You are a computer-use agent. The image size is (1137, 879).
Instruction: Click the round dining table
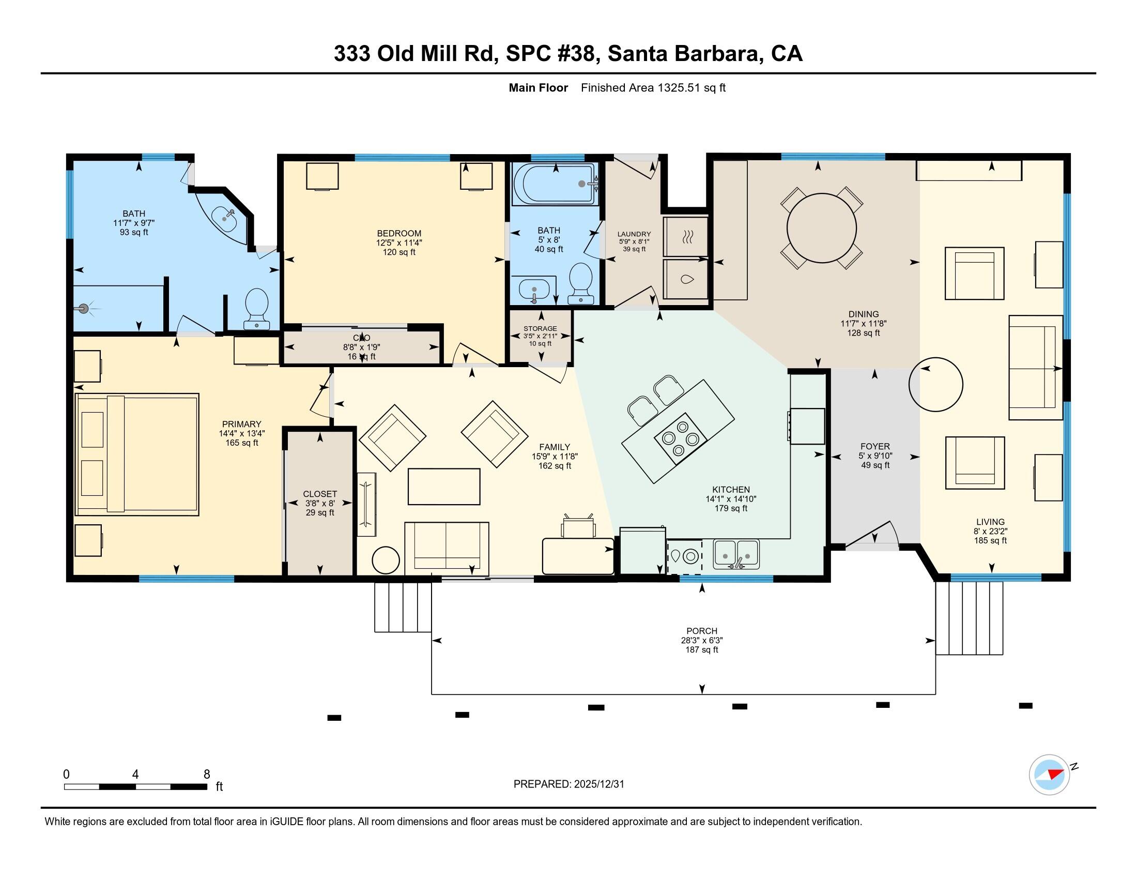(x=822, y=228)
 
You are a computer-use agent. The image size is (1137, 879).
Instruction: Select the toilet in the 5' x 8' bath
(x=580, y=282)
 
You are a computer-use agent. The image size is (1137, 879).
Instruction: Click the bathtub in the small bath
(x=554, y=185)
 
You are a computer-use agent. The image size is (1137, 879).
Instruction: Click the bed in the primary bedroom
(x=137, y=454)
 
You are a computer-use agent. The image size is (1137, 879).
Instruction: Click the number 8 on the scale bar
(x=207, y=774)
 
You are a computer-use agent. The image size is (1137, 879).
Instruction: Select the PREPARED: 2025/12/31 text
(x=568, y=784)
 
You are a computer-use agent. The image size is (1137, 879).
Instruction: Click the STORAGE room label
(x=540, y=328)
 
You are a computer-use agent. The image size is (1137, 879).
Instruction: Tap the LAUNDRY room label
(x=634, y=234)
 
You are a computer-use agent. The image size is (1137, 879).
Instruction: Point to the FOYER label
(x=874, y=446)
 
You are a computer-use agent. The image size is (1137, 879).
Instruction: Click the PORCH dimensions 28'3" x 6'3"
(x=702, y=641)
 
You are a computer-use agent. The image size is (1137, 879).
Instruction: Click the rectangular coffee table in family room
(x=443, y=487)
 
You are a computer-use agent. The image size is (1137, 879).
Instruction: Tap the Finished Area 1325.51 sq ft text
(x=653, y=87)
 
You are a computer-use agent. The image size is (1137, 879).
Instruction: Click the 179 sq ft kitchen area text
(x=730, y=508)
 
